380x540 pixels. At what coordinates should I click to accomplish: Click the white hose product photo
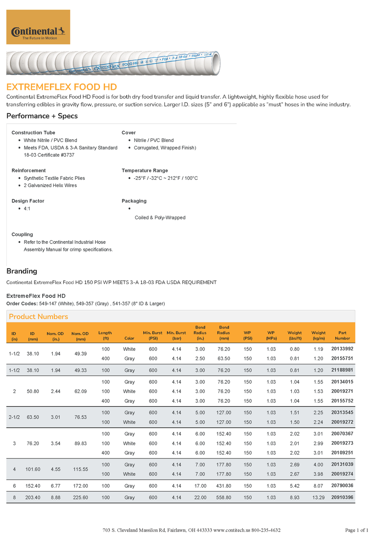coord(113,63)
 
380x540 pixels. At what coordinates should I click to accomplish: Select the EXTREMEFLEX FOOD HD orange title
coord(62,87)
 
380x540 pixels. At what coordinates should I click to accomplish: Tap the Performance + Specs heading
coord(42,116)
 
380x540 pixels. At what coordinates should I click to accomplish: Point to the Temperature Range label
coord(145,171)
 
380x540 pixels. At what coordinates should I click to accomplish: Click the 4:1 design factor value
coord(27,209)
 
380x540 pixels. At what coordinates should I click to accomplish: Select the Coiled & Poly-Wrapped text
coord(160,218)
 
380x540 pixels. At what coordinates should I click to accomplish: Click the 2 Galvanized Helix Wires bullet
coord(50,185)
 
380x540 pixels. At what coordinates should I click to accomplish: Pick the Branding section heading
coord(22,271)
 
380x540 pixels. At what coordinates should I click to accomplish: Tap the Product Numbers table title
coord(38,317)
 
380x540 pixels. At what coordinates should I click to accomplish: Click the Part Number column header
coord(342,336)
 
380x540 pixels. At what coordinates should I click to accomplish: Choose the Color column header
coord(129,338)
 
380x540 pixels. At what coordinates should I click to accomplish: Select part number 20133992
coord(342,349)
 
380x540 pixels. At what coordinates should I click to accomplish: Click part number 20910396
coord(342,497)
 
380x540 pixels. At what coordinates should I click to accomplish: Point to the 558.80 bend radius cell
coord(224,498)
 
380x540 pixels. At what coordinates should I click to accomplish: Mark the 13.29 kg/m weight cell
coord(318,498)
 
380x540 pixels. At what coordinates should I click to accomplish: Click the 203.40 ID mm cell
coord(33,498)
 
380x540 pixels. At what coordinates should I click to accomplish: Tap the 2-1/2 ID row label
coord(14,417)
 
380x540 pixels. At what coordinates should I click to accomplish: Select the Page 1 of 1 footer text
coord(357,530)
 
